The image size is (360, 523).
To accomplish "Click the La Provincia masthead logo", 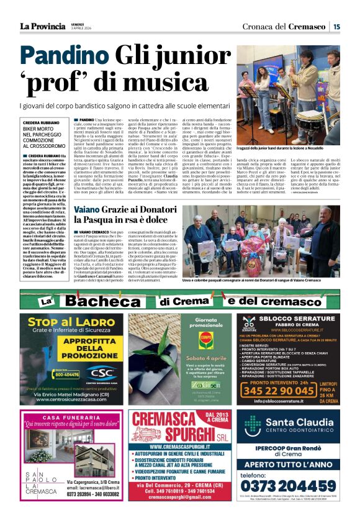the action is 42,26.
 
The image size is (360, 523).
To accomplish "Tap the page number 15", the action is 336,26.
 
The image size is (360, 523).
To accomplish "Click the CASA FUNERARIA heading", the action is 66,416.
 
